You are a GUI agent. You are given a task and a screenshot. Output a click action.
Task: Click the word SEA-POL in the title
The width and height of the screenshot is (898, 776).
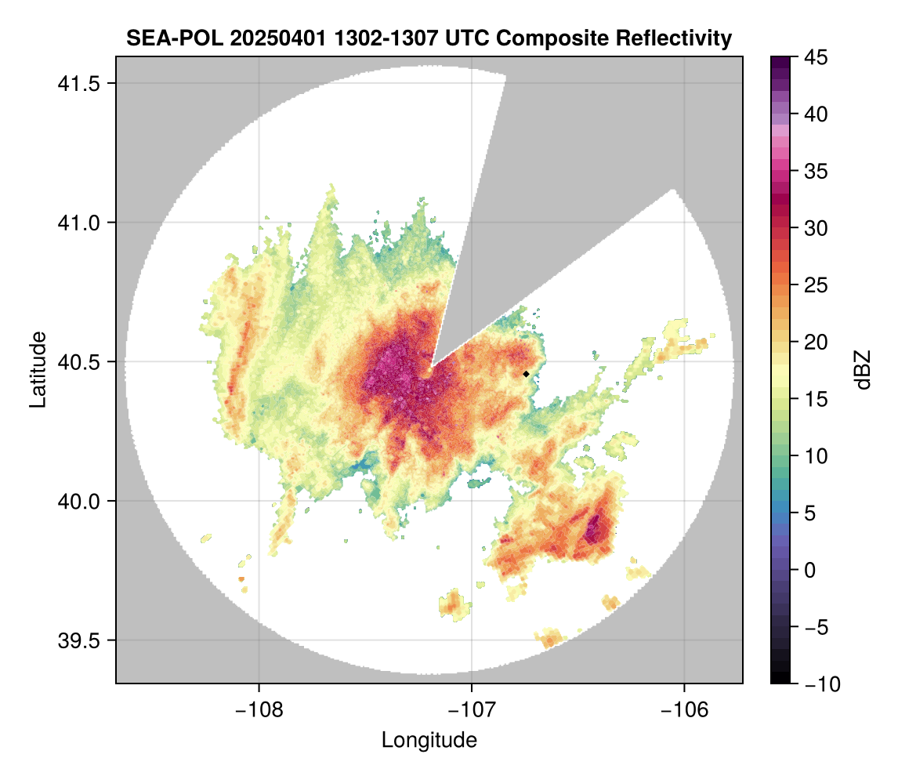coord(164,38)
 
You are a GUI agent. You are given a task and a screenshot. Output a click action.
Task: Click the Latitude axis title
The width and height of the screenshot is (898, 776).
coord(38,369)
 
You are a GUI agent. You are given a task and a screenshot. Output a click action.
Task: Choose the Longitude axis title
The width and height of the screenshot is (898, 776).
coord(429,739)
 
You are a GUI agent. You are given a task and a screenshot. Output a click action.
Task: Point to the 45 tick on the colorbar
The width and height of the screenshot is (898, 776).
coord(817,57)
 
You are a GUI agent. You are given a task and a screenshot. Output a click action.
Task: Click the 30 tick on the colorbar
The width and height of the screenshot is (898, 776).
coord(817,228)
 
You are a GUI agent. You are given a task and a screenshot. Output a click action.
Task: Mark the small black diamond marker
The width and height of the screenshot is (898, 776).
coord(527,374)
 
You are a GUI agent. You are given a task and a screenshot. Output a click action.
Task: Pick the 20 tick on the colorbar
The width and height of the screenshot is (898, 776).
coord(817,343)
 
